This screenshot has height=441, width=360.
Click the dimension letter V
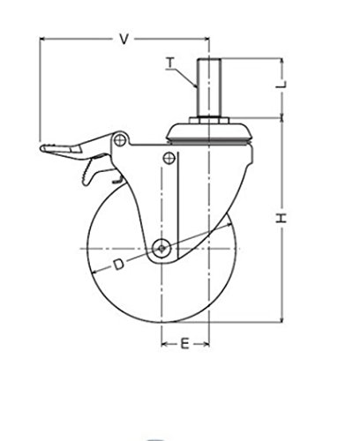tap(124, 39)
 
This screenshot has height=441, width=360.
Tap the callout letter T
tap(170, 63)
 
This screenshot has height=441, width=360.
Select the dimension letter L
tap(281, 85)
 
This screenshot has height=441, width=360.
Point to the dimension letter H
tap(281, 218)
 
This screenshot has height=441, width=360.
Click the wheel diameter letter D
tap(119, 265)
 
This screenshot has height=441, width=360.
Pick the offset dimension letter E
tap(184, 343)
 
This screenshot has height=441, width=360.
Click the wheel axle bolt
tap(161, 249)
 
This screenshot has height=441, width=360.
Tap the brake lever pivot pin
tap(120, 140)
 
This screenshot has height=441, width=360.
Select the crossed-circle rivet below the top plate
tap(169, 158)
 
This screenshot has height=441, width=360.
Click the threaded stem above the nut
tap(209, 87)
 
